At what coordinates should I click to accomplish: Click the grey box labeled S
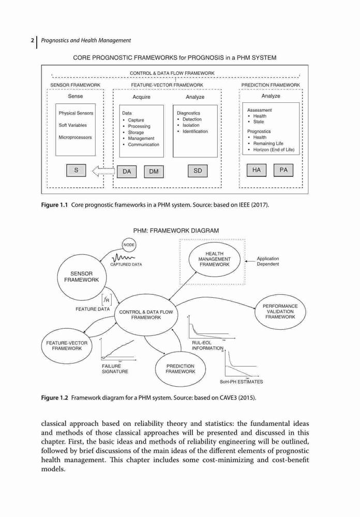[x=76, y=171]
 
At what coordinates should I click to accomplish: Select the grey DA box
[x=127, y=172]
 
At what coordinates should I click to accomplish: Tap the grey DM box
[x=154, y=172]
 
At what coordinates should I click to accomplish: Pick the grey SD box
[x=198, y=171]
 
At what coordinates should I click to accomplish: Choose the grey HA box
[x=257, y=170]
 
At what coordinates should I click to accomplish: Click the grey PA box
[x=283, y=170]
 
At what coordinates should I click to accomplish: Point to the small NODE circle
[x=129, y=245]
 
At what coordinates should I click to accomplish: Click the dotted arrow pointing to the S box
[x=103, y=171]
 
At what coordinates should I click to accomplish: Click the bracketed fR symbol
[x=107, y=300]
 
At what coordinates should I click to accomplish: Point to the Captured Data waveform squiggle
[x=123, y=257]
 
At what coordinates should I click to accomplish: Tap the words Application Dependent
[x=267, y=262]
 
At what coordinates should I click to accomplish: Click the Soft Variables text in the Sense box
[x=72, y=125]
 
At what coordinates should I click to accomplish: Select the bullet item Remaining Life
[x=268, y=143]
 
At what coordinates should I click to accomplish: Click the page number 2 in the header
[x=33, y=40]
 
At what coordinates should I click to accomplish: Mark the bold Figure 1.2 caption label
[x=54, y=398]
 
